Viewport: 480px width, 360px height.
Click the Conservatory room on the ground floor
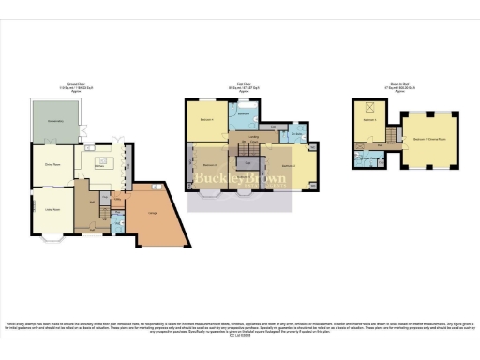55,121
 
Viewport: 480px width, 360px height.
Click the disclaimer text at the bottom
240,325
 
